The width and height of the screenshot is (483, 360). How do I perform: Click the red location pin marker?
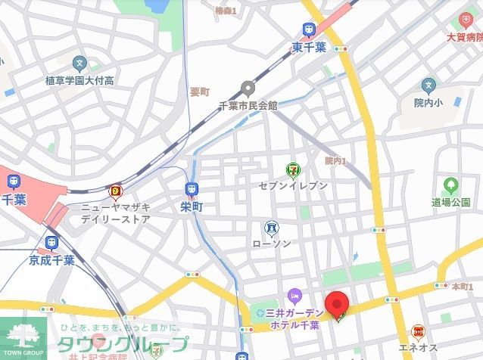[x=337, y=304]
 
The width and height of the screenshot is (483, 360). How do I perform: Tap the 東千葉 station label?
[x=310, y=47]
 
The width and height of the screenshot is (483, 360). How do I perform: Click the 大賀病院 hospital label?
[x=464, y=36]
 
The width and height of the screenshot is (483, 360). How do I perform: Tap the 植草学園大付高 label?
[x=79, y=79]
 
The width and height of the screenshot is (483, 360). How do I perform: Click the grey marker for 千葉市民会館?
[x=247, y=88]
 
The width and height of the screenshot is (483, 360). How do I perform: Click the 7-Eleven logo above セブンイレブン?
[x=291, y=170]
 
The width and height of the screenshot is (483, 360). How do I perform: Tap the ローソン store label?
[x=271, y=244]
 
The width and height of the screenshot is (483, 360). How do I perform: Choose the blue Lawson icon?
[x=270, y=227]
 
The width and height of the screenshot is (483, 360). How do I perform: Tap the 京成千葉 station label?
[x=51, y=259]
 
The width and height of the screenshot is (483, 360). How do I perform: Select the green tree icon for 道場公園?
[x=451, y=185]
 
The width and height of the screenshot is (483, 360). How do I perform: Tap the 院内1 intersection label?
[x=335, y=160]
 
